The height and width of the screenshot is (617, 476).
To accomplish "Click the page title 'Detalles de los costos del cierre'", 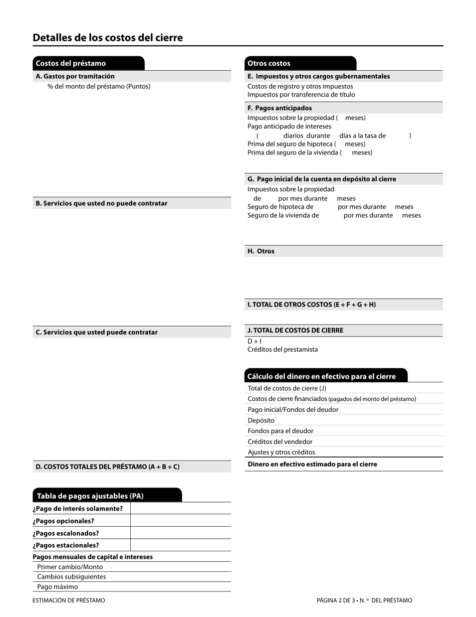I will (x=108, y=38).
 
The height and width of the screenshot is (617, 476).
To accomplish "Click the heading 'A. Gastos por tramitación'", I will (x=75, y=76).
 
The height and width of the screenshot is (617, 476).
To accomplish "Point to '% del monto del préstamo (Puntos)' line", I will (x=99, y=86).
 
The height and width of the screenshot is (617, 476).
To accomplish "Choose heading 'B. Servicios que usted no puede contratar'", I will (x=102, y=203).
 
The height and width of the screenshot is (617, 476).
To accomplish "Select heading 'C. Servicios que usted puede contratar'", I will (x=97, y=332).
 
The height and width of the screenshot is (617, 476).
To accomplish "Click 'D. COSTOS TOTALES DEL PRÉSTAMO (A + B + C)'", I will (x=108, y=467).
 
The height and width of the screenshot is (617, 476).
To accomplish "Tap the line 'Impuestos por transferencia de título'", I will (x=301, y=94).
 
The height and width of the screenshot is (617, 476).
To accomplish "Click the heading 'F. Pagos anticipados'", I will (x=280, y=108).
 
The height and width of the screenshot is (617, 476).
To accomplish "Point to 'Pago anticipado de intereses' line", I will (x=289, y=126).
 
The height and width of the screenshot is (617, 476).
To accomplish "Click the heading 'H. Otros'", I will (x=261, y=251).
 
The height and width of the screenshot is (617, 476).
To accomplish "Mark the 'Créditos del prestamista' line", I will (x=283, y=350).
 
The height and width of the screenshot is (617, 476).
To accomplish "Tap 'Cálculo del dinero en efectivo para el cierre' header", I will (x=322, y=376).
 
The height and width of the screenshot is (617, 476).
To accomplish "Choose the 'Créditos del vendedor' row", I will (x=280, y=441).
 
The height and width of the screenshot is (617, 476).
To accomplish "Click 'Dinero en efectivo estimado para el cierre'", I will (x=312, y=464).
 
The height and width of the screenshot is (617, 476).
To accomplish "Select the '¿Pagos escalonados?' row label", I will (x=66, y=533).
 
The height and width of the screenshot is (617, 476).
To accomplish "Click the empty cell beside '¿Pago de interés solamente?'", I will (x=180, y=509).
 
